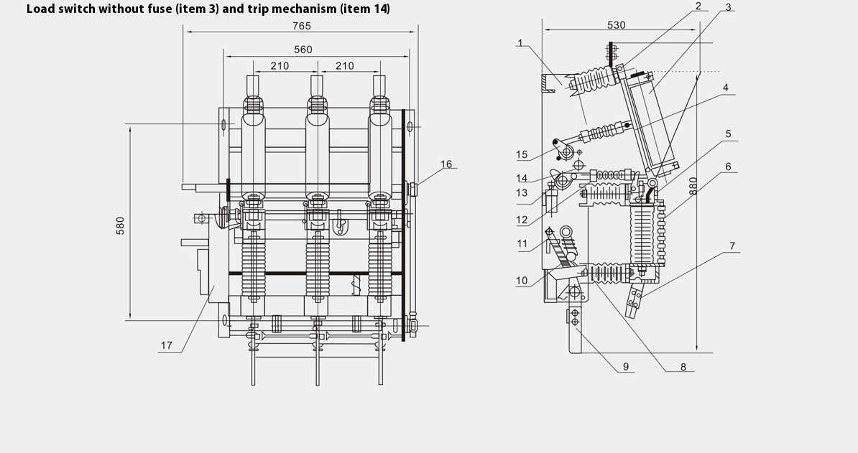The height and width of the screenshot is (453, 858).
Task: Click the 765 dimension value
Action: pos(302,25)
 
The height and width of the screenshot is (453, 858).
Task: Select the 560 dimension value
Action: pos(303,50)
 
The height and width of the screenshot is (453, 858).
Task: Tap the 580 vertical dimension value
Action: pos(121,225)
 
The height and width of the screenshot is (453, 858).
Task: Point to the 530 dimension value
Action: pos(616,25)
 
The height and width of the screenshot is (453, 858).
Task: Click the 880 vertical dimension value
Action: pos(693,187)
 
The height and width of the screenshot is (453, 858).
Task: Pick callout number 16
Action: pos(446,164)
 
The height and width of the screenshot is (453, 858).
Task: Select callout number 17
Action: pos(167,345)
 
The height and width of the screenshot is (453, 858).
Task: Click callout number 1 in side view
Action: pos(520,43)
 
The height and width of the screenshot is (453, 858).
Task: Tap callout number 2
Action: pos(698,6)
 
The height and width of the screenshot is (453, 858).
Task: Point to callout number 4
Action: pos(726,88)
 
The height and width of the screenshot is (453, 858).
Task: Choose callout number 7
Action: pos(732,246)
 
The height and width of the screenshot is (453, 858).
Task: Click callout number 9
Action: pos(625,367)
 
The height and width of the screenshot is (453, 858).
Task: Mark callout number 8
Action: pos(683,367)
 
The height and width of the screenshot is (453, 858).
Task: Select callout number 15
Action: pos(522,154)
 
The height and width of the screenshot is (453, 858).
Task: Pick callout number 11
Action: pos(522,244)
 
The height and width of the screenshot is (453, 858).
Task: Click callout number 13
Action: pos(522,193)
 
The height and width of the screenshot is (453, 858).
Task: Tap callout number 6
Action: pos(728,167)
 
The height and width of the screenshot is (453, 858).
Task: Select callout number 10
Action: pos(522,281)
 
